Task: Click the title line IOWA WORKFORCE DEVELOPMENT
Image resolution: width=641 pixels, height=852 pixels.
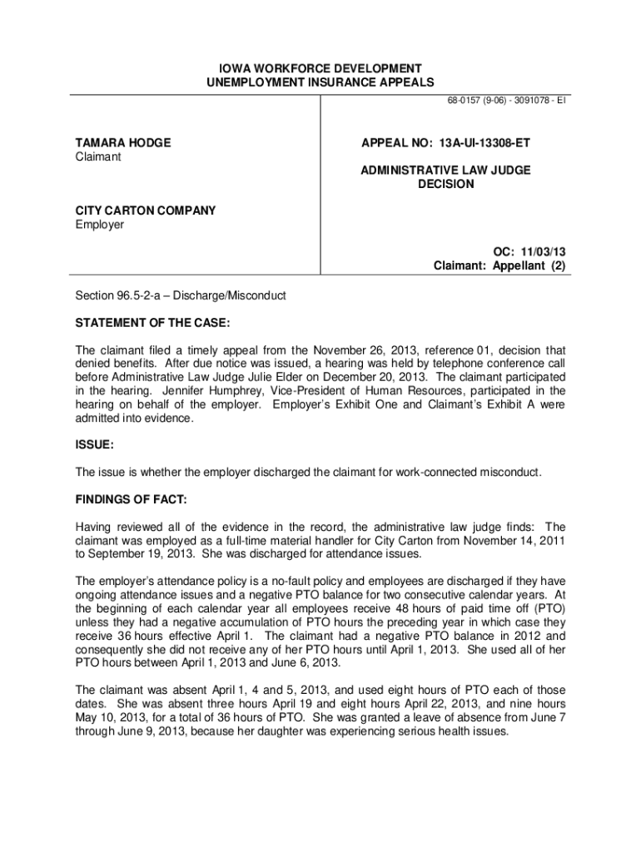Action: click(320, 68)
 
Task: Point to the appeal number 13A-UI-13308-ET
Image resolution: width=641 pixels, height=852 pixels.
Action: click(484, 143)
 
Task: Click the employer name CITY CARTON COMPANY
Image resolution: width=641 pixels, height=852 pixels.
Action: click(146, 211)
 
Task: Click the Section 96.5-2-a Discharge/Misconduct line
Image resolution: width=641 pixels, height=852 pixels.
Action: click(181, 295)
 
